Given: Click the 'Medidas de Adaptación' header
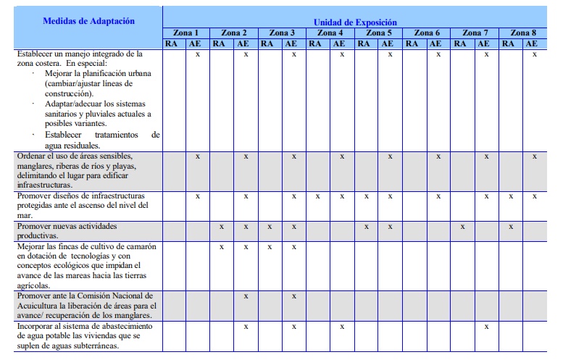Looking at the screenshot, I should [88, 21].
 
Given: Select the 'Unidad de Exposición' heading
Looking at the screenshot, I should [354, 22].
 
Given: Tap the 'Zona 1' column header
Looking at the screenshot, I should [185, 33].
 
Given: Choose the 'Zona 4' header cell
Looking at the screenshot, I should [330, 33].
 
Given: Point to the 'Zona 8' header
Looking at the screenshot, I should [523, 33].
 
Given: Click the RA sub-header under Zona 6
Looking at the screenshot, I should [415, 43].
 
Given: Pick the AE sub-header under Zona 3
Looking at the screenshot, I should [294, 43].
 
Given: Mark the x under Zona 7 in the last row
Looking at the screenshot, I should [487, 327].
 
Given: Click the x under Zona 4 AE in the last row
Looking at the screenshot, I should [343, 327].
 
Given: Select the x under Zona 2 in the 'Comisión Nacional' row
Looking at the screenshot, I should [246, 296].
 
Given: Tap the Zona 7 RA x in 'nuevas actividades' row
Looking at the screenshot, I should [462, 227].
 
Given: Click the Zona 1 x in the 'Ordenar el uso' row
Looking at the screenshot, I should [198, 156].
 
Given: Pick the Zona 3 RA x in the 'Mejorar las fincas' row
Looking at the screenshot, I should [270, 247].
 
